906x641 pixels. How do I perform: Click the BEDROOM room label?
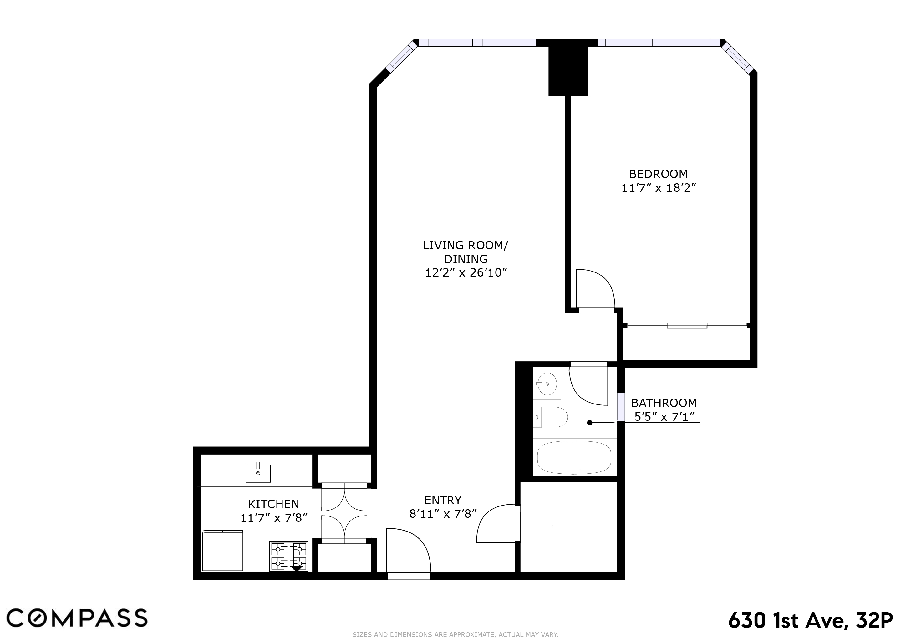point(658,174)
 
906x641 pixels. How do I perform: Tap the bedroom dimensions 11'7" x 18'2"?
point(658,188)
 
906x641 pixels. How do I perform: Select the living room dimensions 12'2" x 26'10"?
point(466,273)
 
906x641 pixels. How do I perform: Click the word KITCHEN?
point(273,504)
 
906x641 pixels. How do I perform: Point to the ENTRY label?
point(443,501)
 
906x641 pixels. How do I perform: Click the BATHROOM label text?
point(664,403)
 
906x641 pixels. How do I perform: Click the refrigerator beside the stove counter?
point(222,551)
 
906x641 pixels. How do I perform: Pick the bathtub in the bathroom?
point(574,457)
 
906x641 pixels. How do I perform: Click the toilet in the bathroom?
point(552,417)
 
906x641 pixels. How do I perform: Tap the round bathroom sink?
point(547,383)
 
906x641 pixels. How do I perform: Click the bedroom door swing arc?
point(596,288)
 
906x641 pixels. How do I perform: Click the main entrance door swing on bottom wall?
point(408,551)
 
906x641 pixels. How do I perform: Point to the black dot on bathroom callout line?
point(589,423)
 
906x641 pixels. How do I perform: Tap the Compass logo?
point(77,618)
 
